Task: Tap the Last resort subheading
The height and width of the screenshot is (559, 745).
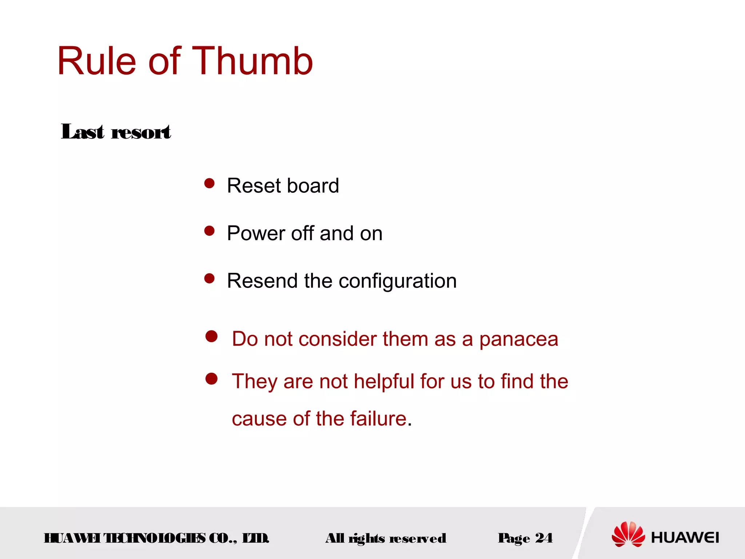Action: pos(116,132)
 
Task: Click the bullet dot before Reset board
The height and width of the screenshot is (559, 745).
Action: pos(210,183)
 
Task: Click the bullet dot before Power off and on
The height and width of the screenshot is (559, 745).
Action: pos(210,231)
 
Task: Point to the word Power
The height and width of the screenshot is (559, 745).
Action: pos(255,233)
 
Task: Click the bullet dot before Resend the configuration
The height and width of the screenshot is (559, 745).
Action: pos(210,278)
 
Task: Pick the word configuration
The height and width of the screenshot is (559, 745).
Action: pos(397,281)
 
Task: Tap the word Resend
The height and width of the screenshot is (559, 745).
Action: pos(262,281)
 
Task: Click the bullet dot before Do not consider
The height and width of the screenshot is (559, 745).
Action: pos(211,336)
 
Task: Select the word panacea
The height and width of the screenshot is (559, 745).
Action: pos(518,339)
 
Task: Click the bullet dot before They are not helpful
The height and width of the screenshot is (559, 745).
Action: pos(211,379)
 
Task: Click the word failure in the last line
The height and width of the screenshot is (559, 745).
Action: pos(378,419)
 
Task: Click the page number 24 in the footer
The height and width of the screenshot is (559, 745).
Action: pos(543,538)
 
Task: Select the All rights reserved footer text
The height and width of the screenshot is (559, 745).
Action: pos(386,538)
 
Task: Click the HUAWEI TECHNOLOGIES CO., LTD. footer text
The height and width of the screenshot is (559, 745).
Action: pos(156,538)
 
